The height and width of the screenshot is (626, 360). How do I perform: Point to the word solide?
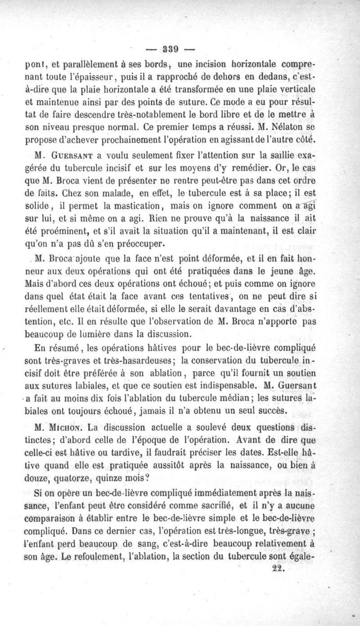pyautogui.click(x=43, y=207)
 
